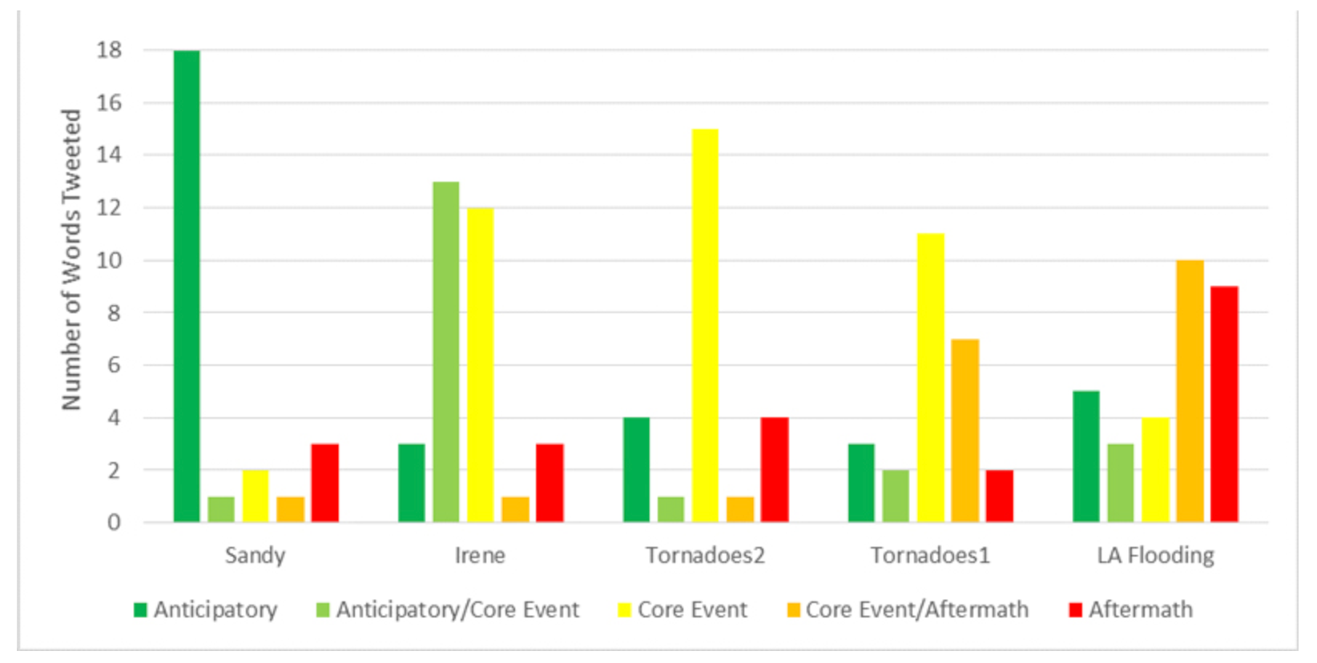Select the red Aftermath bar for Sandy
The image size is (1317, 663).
pyautogui.click(x=324, y=483)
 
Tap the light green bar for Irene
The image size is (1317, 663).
pyautogui.click(x=446, y=352)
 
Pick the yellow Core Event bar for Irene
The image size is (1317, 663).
pyautogui.click(x=481, y=365)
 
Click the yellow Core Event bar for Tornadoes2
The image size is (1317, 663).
pyautogui.click(x=705, y=326)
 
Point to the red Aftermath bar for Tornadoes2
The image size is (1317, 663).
pyautogui.click(x=775, y=470)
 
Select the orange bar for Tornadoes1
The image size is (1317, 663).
pyautogui.click(x=965, y=431)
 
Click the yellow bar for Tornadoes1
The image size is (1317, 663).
pyautogui.click(x=931, y=378)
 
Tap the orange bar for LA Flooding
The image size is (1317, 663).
pyautogui.click(x=1190, y=392)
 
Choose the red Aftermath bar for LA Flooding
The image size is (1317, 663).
pyautogui.click(x=1224, y=404)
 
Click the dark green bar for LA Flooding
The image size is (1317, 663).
pyautogui.click(x=1086, y=456)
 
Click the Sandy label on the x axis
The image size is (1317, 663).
pyautogui.click(x=255, y=555)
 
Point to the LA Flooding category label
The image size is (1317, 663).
pyautogui.click(x=1155, y=555)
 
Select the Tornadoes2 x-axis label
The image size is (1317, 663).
pyautogui.click(x=705, y=555)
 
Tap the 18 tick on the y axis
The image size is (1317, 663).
pyautogui.click(x=109, y=50)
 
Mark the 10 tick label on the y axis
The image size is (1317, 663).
pyautogui.click(x=109, y=260)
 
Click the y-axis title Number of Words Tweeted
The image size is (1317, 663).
pyautogui.click(x=71, y=260)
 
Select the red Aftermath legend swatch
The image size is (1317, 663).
pyautogui.click(x=1076, y=610)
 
